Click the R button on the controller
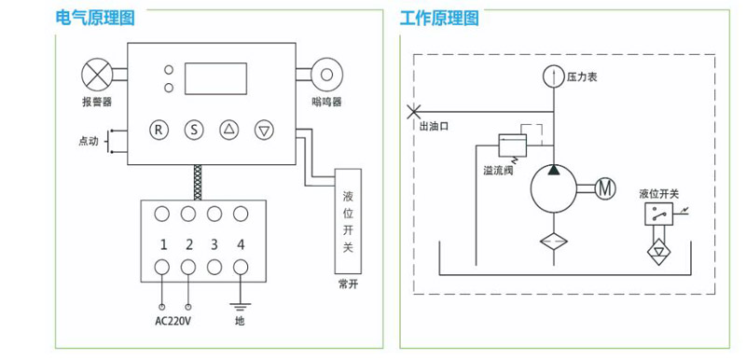pos(159,130)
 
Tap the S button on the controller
pos(194,130)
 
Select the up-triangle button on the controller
pos(228,130)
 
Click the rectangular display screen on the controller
pos(216,78)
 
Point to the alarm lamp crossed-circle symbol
pos(97,75)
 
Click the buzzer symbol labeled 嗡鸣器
pos(326,75)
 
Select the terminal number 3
pos(214,245)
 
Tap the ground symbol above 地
pos(241,306)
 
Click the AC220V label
pos(173,321)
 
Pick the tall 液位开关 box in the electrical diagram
pos(348,221)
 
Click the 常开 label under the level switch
pos(348,284)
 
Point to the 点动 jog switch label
pos(89,141)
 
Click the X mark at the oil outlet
pos(413,112)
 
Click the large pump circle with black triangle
pos(554,188)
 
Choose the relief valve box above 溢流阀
pos(512,145)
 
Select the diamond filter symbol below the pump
pos(554,242)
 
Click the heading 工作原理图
pos(439,18)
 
